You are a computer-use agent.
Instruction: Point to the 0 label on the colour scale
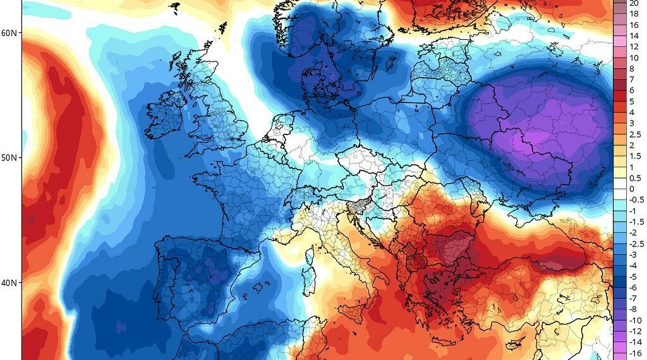point(631,189)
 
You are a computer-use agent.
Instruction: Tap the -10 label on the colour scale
point(636,321)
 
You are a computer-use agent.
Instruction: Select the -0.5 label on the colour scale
point(636,200)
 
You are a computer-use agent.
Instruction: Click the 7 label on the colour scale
point(631,80)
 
